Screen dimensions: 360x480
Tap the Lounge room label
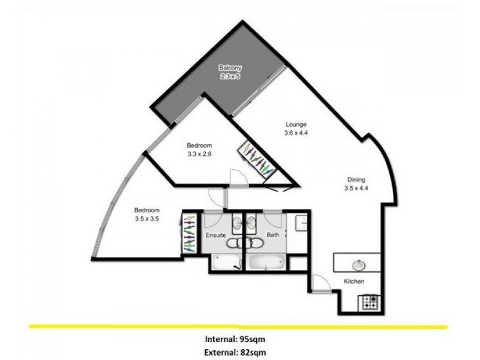[296, 125]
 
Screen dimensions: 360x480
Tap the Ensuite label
[216, 235]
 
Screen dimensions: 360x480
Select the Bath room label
[274, 235]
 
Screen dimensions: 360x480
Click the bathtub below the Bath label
[268, 262]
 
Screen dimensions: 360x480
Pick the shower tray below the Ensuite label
[226, 262]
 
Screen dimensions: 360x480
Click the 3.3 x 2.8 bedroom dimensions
[199, 154]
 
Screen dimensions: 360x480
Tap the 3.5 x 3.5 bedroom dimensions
[146, 219]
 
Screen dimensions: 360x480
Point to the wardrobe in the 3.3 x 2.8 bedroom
[257, 160]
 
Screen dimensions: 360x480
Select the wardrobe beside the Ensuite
[190, 234]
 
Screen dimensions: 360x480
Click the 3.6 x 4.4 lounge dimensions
[296, 133]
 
